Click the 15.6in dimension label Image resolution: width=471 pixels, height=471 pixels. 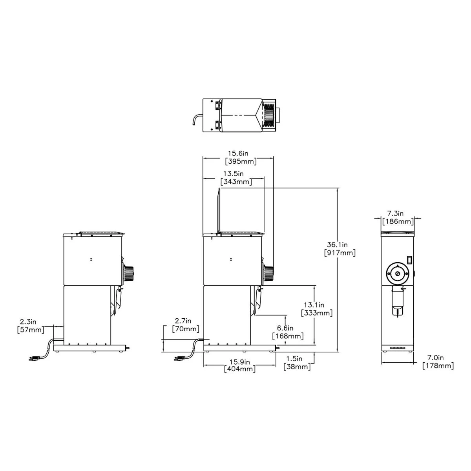click(x=238, y=153)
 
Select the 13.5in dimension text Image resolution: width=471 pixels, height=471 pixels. click(x=233, y=173)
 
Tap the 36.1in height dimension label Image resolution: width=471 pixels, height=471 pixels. click(x=337, y=245)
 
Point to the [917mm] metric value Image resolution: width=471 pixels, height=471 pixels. click(x=340, y=253)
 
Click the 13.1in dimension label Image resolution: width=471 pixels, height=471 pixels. click(x=314, y=305)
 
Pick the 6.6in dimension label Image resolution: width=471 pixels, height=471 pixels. click(x=285, y=328)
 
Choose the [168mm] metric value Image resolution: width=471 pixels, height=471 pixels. click(x=288, y=336)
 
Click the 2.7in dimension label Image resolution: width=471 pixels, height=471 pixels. click(x=183, y=321)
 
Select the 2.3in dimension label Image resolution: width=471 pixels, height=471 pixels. click(x=28, y=321)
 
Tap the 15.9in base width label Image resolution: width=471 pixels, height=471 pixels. click(x=239, y=361)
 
